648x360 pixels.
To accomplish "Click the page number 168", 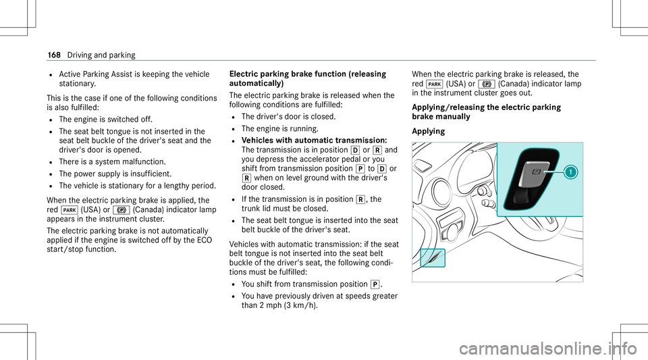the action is pos(54,55).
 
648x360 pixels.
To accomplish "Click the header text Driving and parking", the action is pos(101,55).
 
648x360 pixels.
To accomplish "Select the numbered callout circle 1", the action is pos(571,172).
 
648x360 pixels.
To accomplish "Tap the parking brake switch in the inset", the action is pos(533,178).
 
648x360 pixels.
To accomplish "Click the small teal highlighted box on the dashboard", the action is pos(433,258).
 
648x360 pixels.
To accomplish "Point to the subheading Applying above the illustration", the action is pos(429,132).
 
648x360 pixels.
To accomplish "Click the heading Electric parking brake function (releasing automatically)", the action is pos(308,78).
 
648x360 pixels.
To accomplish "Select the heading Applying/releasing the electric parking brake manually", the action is pos(487,111).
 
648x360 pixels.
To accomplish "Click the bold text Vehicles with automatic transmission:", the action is pos(314,140).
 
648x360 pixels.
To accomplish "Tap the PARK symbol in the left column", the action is pos(70,210).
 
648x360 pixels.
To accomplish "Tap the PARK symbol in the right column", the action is pos(435,84).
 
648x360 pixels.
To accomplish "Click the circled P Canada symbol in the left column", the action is pos(121,210).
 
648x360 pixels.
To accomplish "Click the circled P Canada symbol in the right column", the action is pos(487,84).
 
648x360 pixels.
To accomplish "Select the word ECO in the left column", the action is pos(205,240).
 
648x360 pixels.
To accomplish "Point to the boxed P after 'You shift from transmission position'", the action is pos(375,284).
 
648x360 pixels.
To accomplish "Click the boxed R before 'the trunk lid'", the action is pos(360,200).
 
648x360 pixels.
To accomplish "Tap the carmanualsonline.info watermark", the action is pos(547,349).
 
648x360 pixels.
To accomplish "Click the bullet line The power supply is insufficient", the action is pos(115,174).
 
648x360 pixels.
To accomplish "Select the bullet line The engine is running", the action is pos(279,128).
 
